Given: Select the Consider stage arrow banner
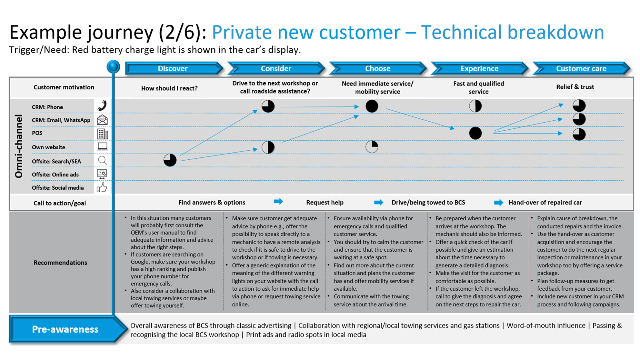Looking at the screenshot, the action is (276, 68).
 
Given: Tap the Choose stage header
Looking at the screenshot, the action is (378, 68).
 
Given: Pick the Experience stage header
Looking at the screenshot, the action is (479, 68).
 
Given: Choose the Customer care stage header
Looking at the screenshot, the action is (581, 68).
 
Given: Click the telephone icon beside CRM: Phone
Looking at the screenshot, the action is (102, 105).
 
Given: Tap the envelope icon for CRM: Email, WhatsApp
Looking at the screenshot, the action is (102, 120).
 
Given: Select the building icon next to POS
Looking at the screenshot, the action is (103, 134).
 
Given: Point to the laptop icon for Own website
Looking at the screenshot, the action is (103, 147).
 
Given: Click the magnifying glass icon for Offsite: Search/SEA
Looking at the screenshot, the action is (102, 160).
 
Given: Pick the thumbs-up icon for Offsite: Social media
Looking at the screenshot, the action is (102, 187).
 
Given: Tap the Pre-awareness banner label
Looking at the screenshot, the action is (65, 329).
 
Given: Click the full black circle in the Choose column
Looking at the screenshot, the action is (372, 106).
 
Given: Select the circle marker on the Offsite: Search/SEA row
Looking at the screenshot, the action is (170, 160).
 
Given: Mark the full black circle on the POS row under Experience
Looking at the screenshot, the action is (475, 133).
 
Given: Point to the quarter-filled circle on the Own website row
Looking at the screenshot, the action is (372, 147).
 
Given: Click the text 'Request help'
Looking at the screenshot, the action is (325, 203).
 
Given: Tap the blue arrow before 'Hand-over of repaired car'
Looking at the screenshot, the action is (498, 203).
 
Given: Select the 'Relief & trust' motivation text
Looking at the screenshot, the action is (575, 87).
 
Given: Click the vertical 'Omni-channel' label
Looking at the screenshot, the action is (19, 146).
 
